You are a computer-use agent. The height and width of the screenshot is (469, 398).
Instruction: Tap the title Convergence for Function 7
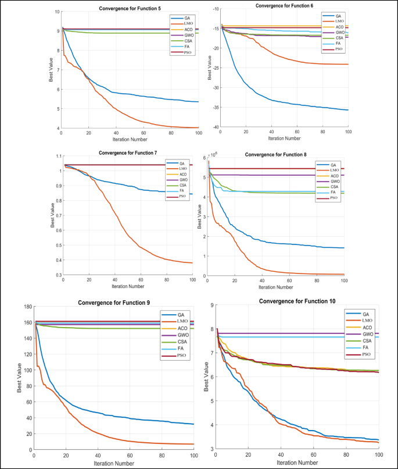click(128, 152)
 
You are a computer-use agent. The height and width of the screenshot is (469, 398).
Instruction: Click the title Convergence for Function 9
click(115, 302)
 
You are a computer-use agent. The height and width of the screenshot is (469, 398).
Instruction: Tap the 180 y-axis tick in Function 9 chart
click(26, 305)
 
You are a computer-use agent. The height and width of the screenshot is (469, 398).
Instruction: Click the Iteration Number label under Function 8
click(276, 287)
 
